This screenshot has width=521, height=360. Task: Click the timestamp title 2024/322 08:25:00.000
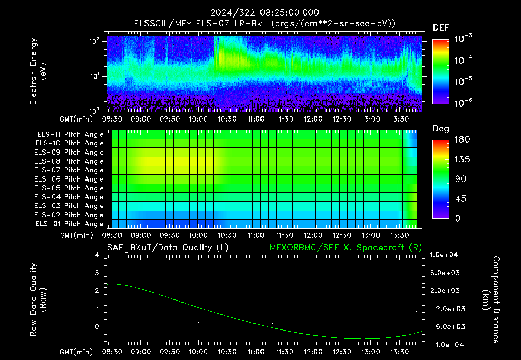pos(265,13)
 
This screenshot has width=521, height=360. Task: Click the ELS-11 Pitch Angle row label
pos(70,135)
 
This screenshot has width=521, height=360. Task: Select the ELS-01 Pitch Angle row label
pos(70,224)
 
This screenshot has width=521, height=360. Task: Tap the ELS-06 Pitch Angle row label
pos(69,179)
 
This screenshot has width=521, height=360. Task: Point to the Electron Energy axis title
pos(37,71)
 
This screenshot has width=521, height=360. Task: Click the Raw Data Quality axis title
pos(38,300)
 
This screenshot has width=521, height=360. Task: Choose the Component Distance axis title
pos(491,300)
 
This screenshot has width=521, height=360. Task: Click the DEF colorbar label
pos(441,27)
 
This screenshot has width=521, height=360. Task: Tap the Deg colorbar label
pos(441,129)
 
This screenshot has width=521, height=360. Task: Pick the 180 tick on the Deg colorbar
pos(462,139)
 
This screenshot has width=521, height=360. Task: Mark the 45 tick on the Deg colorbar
pos(460,199)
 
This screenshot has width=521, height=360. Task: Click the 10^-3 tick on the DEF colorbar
pos(464,39)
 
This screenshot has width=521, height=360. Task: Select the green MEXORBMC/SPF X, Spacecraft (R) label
pos(345,248)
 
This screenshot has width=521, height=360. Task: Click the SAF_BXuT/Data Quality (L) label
pos(168,248)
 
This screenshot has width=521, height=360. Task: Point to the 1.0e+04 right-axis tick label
pos(444,255)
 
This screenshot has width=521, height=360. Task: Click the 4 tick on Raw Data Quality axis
pos(97,255)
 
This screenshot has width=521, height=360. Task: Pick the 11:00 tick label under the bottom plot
pos(256,352)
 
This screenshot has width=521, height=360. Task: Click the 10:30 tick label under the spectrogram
pos(227,119)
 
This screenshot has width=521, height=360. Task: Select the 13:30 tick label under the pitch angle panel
pos(399,235)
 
